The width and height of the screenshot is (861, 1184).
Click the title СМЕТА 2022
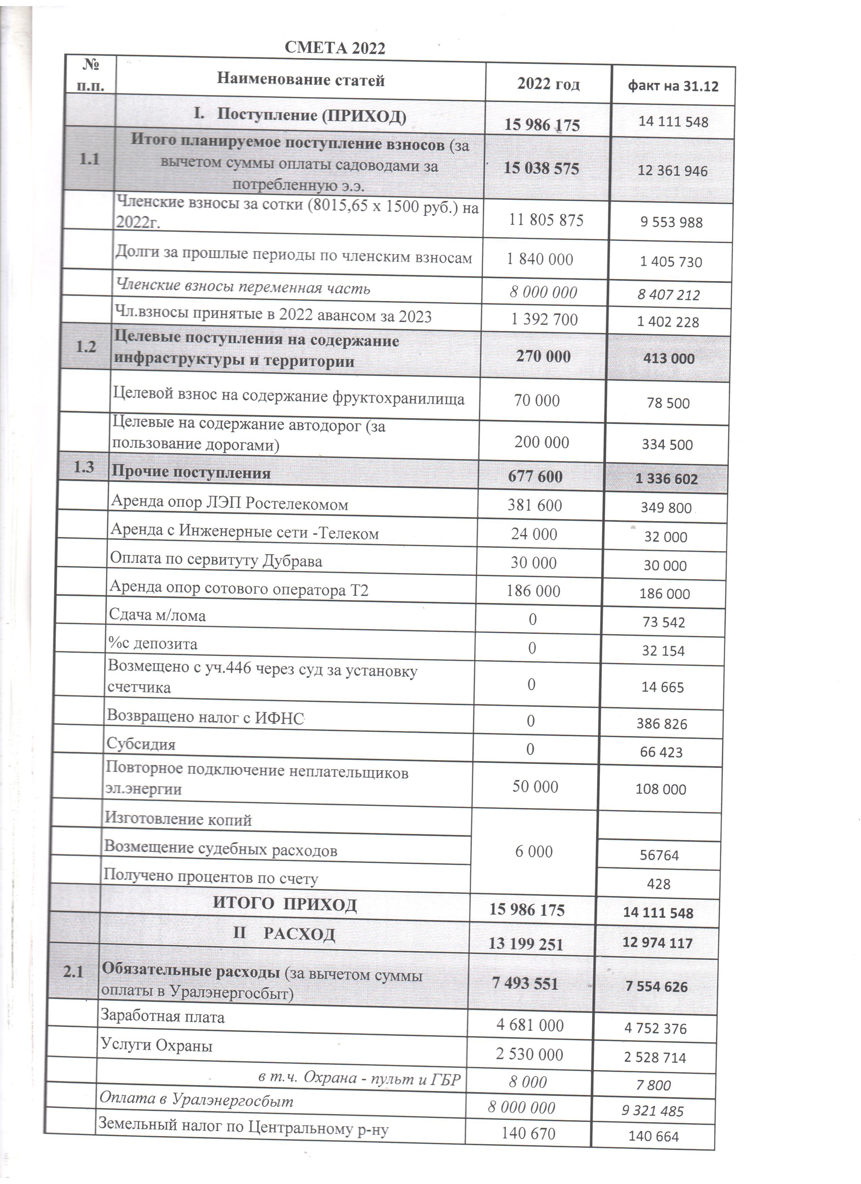click(x=335, y=48)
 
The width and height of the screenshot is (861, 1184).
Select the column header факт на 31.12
click(x=673, y=86)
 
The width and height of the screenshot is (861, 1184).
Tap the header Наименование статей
click(x=301, y=80)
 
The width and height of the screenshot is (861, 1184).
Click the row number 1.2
click(x=86, y=347)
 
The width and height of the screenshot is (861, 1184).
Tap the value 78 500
click(x=668, y=403)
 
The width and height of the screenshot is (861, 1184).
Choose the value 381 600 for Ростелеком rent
click(x=535, y=505)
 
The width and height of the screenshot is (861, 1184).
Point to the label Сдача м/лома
click(x=157, y=616)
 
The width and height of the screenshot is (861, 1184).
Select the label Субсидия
click(x=141, y=744)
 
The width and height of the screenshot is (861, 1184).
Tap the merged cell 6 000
click(x=533, y=852)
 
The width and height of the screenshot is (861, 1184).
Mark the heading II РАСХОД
click(x=284, y=934)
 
